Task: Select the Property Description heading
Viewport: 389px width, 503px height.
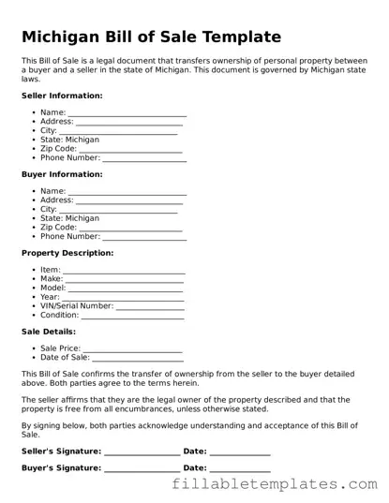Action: (x=67, y=253)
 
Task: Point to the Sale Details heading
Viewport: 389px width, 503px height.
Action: (x=49, y=332)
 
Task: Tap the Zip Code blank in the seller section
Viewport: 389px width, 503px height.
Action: (x=130, y=150)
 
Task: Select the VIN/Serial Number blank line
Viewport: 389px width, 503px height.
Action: (x=150, y=307)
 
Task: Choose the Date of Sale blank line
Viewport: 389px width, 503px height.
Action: (x=137, y=359)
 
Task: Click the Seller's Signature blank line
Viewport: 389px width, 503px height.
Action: (x=142, y=453)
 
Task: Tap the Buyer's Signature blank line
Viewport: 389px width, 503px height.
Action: (x=141, y=469)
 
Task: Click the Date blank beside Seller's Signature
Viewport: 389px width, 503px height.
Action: (x=240, y=453)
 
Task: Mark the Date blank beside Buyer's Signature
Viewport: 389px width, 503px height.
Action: (x=240, y=469)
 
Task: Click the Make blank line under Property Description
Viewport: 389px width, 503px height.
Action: (x=125, y=280)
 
